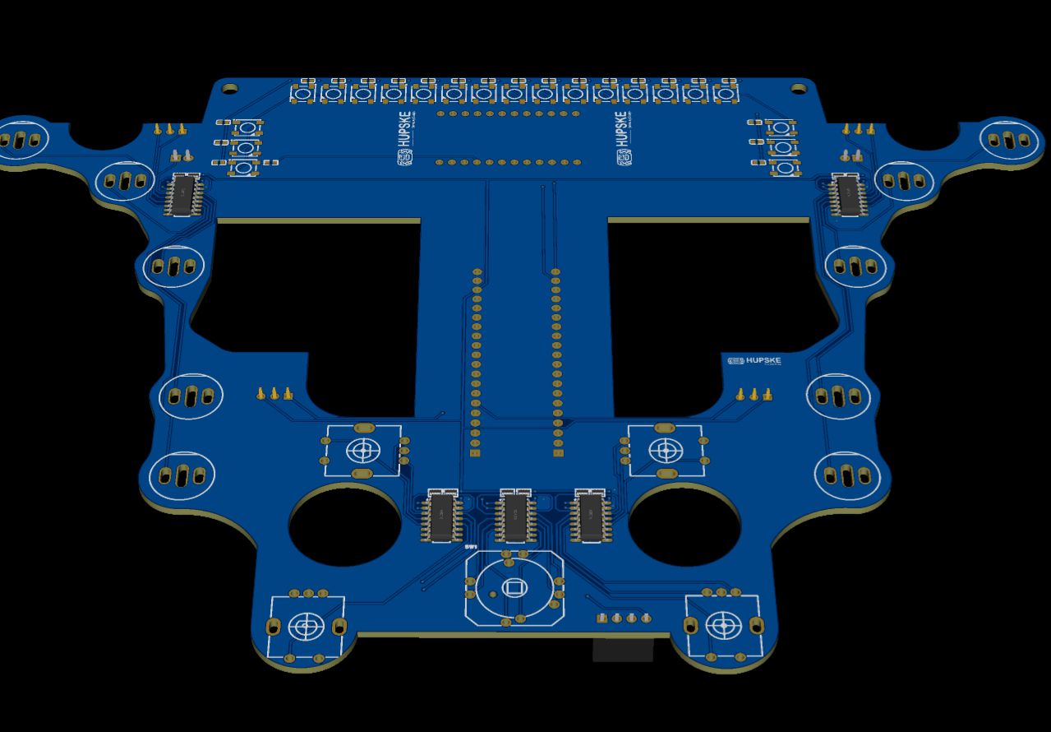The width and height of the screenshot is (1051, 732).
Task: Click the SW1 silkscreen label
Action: coord(471,547)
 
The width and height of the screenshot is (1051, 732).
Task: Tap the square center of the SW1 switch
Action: coord(514,587)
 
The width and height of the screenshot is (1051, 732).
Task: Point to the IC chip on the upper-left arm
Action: coord(183,196)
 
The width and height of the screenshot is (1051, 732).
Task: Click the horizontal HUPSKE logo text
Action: coord(758,361)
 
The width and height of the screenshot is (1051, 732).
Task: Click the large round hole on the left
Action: coord(344,525)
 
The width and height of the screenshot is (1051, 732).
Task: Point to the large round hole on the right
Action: coord(685,525)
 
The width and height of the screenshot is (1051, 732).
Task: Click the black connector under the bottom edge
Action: coord(623,649)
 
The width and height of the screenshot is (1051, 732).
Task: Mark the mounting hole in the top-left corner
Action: coord(230,87)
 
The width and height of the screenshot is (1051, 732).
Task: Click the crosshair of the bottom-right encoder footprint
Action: coord(722,626)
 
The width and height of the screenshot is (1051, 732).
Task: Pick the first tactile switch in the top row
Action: coord(303,94)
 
